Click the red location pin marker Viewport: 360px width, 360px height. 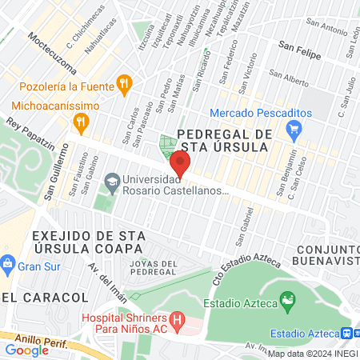click(x=180, y=166)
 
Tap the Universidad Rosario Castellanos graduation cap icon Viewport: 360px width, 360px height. click(x=111, y=182)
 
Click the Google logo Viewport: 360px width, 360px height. click(x=26, y=350)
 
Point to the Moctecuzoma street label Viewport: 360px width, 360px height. click(x=51, y=49)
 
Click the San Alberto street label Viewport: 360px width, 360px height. click(x=290, y=80)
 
